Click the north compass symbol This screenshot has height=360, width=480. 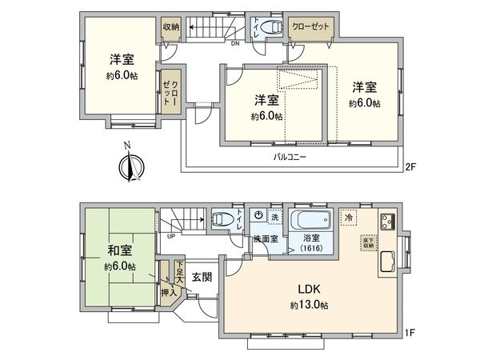point(127,167)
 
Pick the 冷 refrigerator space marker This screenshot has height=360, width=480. point(349,216)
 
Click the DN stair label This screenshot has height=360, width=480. point(235,44)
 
